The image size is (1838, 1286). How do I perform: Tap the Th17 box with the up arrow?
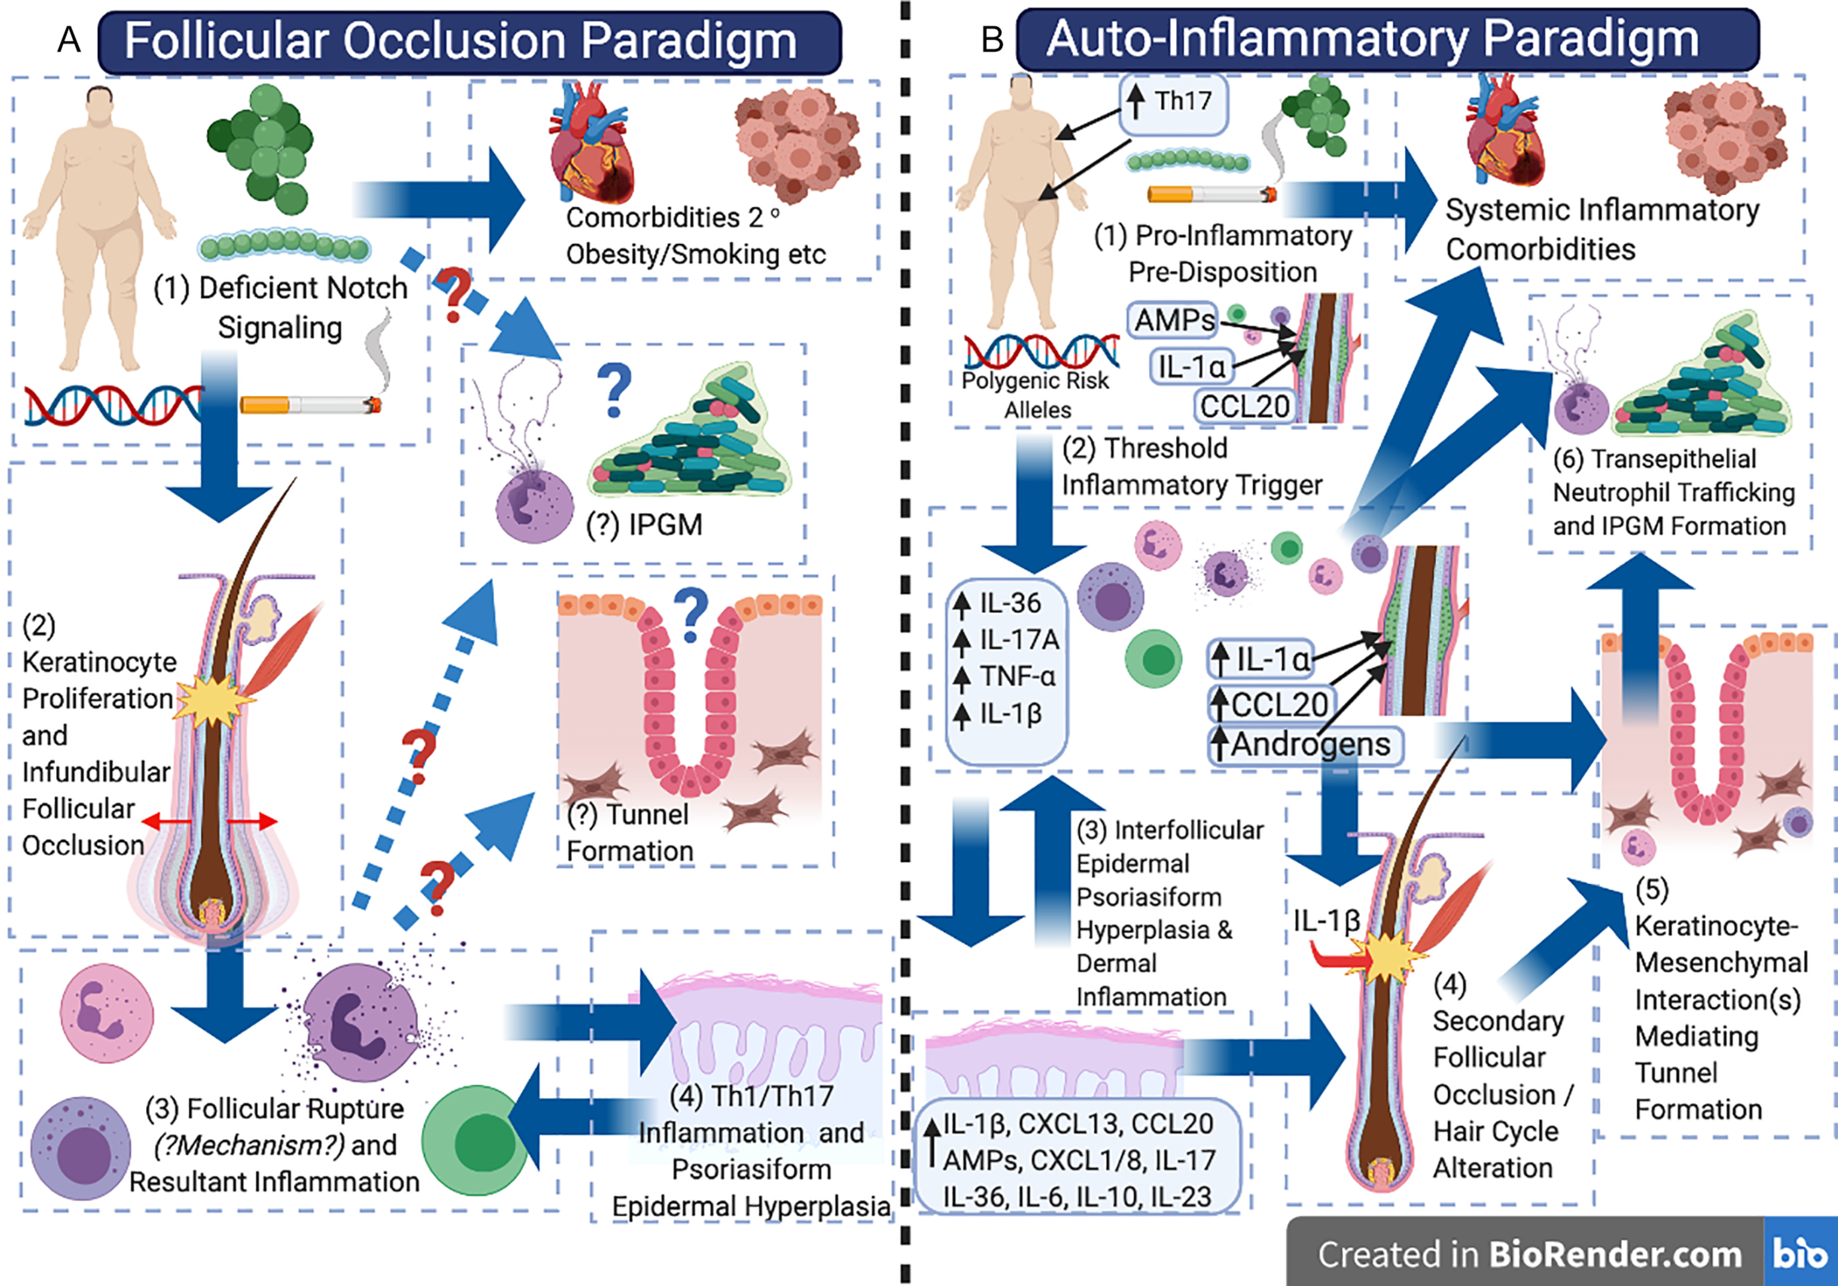(x=1173, y=102)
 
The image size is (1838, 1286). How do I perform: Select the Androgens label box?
(x=1305, y=745)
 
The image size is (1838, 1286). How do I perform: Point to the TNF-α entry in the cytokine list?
(x=1017, y=677)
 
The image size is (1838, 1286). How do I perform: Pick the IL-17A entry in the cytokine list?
(x=1018, y=640)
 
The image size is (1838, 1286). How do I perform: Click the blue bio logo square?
(x=1800, y=1252)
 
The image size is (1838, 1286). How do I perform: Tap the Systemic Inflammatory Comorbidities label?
(x=1601, y=229)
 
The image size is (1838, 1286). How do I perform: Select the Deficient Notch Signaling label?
(x=280, y=307)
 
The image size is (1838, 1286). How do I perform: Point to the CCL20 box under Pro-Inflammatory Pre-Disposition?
(x=1244, y=406)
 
